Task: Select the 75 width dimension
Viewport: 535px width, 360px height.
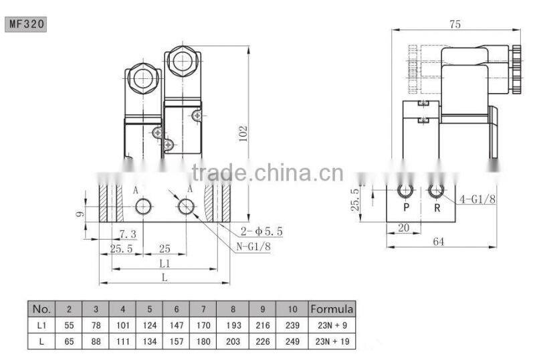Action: pyautogui.click(x=455, y=25)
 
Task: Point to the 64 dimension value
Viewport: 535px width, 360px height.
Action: pyautogui.click(x=439, y=241)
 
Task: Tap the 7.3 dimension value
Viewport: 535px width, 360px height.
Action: pyautogui.click(x=128, y=234)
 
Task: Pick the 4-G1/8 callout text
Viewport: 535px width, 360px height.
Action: pyautogui.click(x=477, y=199)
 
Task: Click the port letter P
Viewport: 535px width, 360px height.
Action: pyautogui.click(x=405, y=207)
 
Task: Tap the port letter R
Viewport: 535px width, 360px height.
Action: pyautogui.click(x=436, y=207)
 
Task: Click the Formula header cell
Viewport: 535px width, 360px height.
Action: pyautogui.click(x=332, y=309)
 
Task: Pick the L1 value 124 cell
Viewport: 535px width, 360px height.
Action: pyautogui.click(x=149, y=326)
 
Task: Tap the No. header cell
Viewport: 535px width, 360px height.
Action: pyautogui.click(x=41, y=309)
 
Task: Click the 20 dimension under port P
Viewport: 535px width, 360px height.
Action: pyautogui.click(x=403, y=228)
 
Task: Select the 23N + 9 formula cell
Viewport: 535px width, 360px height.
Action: pyautogui.click(x=332, y=326)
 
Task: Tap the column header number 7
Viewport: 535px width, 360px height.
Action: pyautogui.click(x=203, y=309)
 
